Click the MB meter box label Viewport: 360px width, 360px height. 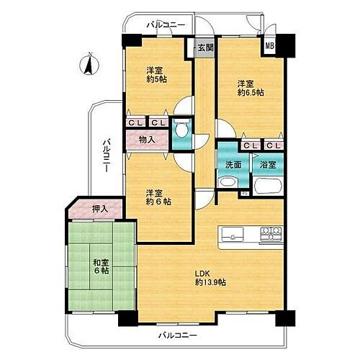pos(270,48)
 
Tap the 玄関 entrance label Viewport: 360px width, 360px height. pos(204,49)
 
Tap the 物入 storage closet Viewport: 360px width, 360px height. pos(146,140)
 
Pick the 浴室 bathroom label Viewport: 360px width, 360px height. pos(267,165)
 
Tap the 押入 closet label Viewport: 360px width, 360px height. pos(99,209)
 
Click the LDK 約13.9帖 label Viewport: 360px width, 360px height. pos(210,277)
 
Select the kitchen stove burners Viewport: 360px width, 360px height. pos(271,233)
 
